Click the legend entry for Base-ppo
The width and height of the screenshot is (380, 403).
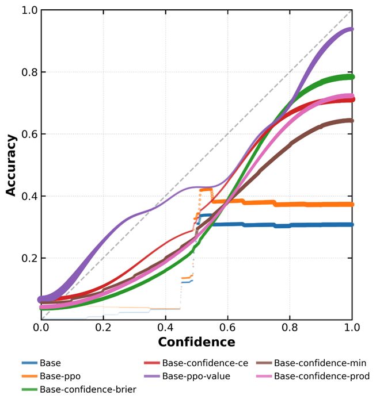click(x=60, y=377)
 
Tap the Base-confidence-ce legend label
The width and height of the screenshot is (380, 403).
click(x=205, y=363)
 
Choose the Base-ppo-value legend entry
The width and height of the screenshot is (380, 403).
click(x=196, y=377)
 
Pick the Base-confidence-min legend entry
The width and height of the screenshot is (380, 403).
click(x=320, y=363)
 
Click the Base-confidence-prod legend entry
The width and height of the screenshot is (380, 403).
click(x=321, y=377)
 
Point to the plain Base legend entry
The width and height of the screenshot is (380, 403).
click(x=50, y=363)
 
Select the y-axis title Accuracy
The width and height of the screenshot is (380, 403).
click(x=12, y=165)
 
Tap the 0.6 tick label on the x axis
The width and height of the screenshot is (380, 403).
click(x=227, y=327)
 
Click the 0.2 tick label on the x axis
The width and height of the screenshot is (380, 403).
click(x=104, y=327)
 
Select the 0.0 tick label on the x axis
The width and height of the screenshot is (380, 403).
click(x=41, y=327)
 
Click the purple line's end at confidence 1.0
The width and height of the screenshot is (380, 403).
click(x=351, y=29)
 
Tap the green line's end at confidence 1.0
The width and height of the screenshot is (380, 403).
click(x=351, y=77)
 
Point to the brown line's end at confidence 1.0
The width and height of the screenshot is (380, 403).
click(x=351, y=121)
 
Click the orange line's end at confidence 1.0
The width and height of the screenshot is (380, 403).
click(x=351, y=204)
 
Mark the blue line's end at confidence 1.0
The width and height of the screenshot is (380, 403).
click(x=351, y=225)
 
